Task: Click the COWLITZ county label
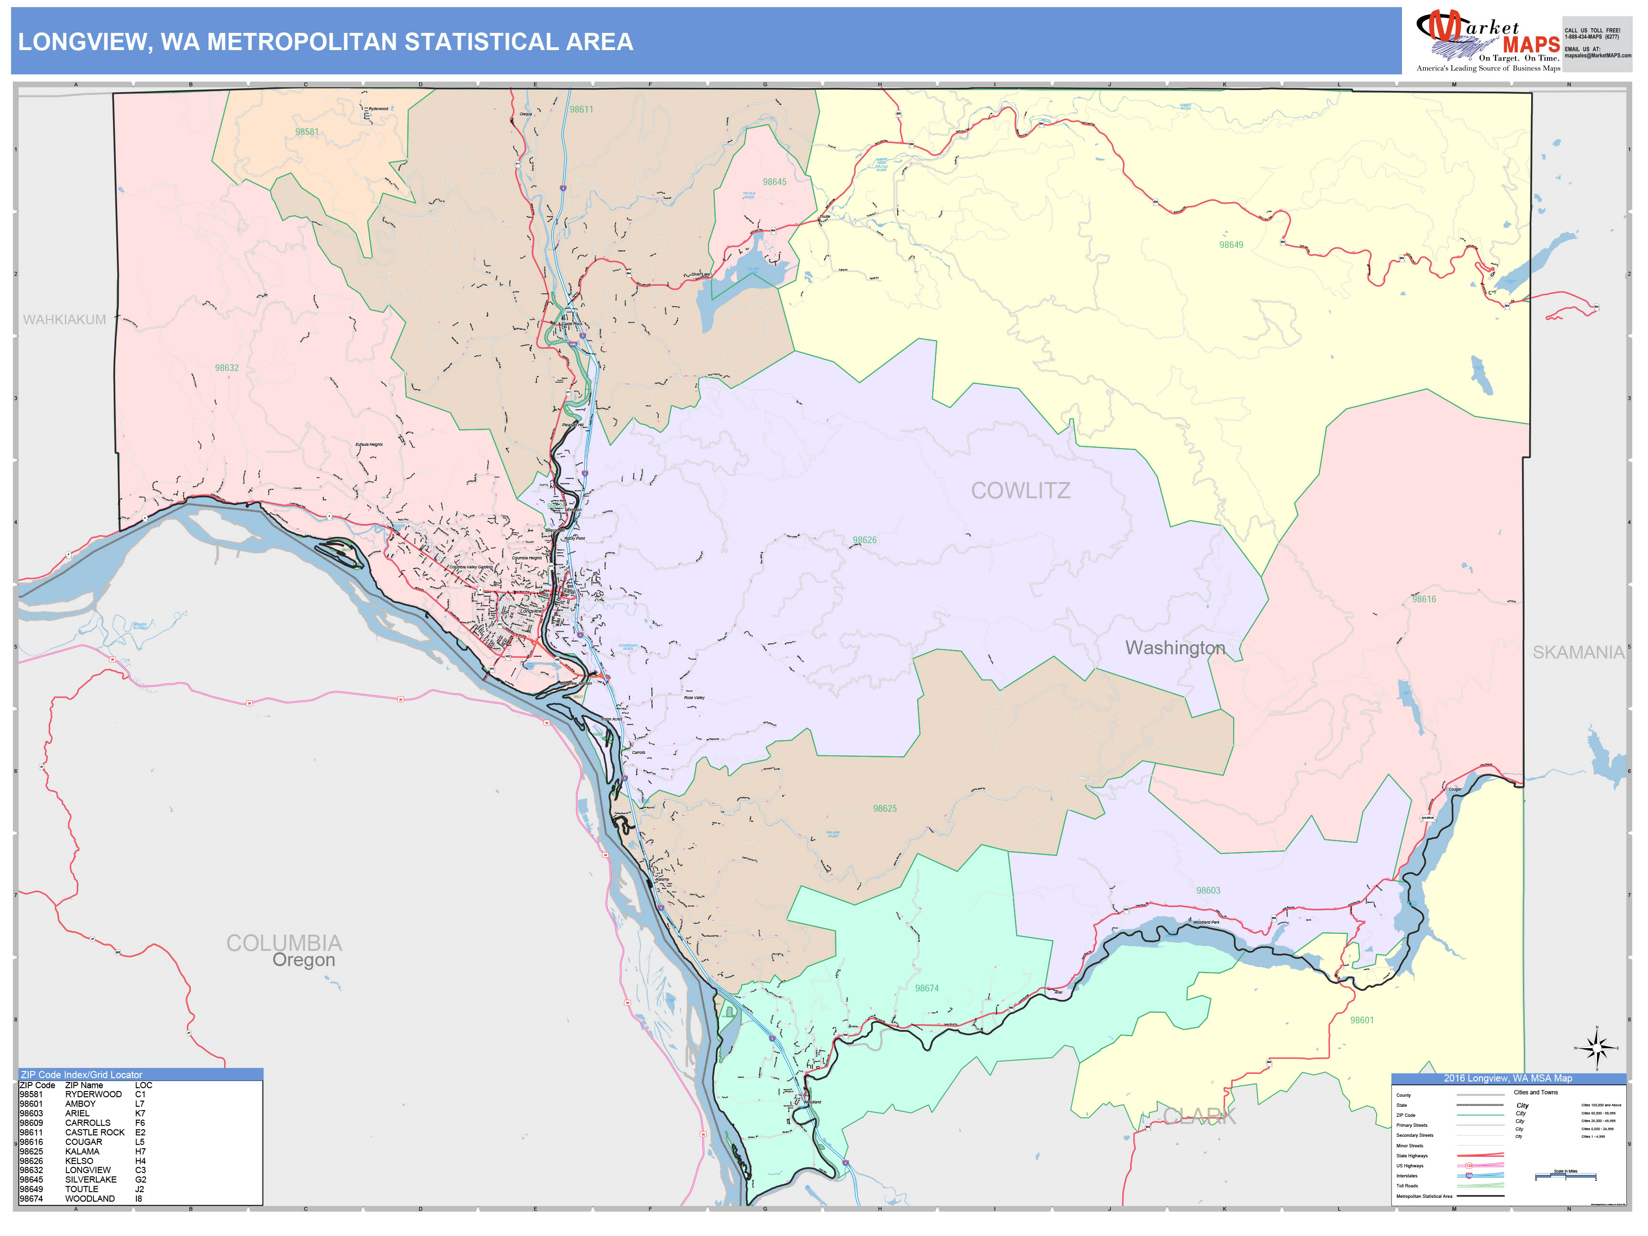[1020, 491]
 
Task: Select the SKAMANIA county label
[1578, 653]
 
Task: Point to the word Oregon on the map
[303, 960]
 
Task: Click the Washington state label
[1175, 648]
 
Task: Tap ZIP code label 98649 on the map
[1231, 245]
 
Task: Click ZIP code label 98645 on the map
[774, 182]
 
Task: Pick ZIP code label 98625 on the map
[885, 808]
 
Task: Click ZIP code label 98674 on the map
[927, 988]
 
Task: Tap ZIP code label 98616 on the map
[1424, 599]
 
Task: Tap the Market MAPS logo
[1487, 41]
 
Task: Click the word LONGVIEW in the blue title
[82, 41]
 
